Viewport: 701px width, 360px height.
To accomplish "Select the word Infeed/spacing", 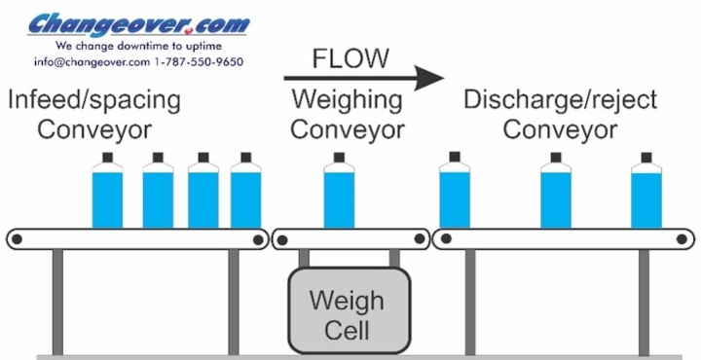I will [x=93, y=100].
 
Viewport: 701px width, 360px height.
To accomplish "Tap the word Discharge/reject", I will [x=560, y=100].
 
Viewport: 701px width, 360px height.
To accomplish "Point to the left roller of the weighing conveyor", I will [x=280, y=238].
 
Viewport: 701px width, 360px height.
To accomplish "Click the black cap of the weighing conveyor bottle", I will [x=340, y=156].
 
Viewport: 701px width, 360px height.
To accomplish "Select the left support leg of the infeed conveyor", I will [x=58, y=301].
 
